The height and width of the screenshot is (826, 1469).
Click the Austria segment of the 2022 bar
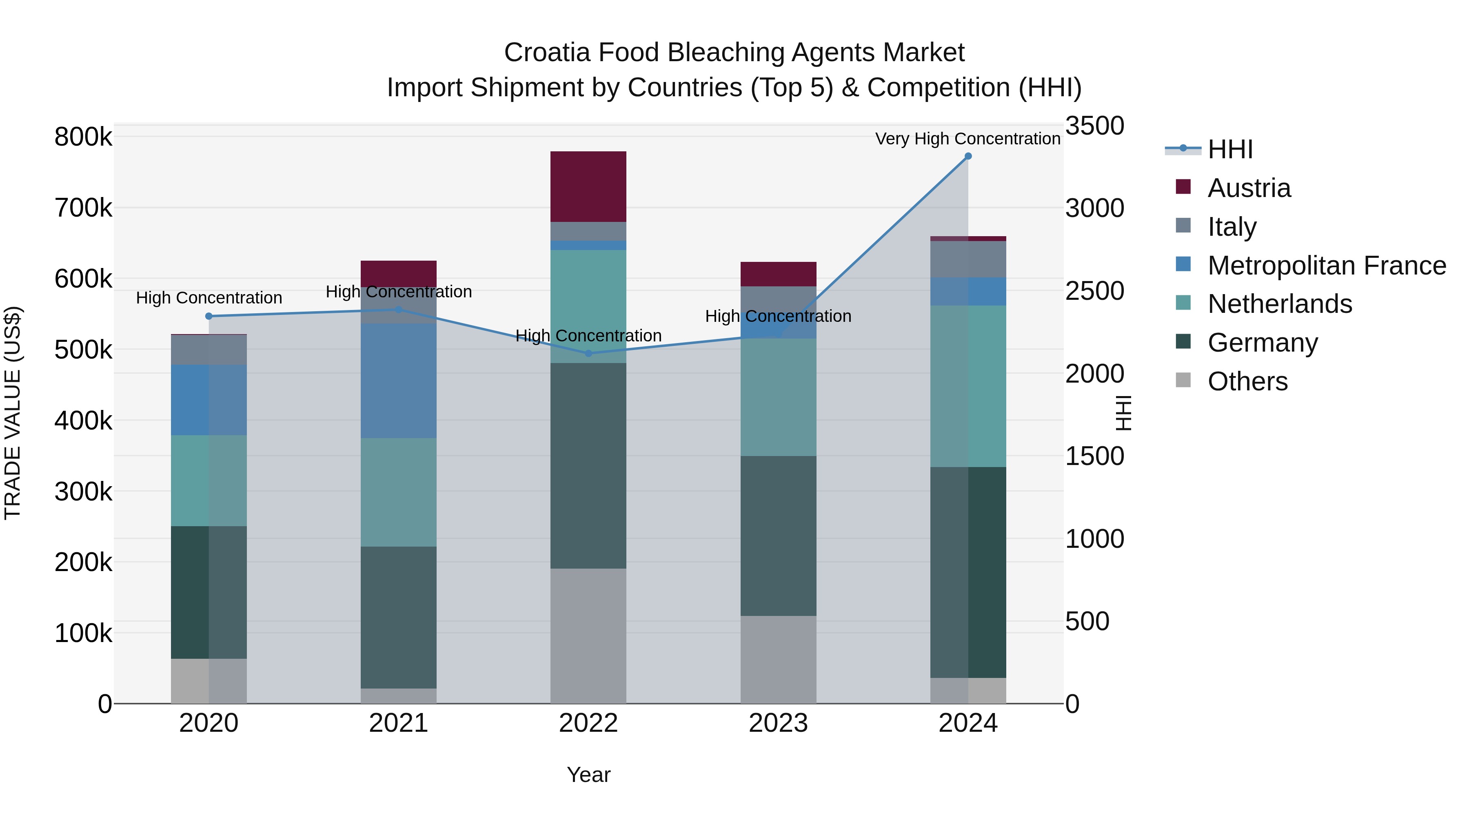[x=588, y=186]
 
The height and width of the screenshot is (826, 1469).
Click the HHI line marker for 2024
[x=968, y=156]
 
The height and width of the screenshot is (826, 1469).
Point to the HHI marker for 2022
[x=588, y=353]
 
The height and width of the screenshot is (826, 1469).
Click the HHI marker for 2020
[x=209, y=317]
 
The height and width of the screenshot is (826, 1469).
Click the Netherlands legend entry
[x=1279, y=304]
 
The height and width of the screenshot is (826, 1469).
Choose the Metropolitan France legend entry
[x=1327, y=266]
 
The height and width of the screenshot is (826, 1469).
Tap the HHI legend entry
[x=1230, y=149]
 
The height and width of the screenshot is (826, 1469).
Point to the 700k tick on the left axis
[x=83, y=208]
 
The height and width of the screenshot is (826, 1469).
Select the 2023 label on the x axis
[x=778, y=723]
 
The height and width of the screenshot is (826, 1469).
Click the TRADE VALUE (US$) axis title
[x=13, y=413]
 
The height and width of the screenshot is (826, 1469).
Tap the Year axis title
[x=588, y=775]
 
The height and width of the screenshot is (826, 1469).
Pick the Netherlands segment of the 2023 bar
[x=778, y=397]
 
